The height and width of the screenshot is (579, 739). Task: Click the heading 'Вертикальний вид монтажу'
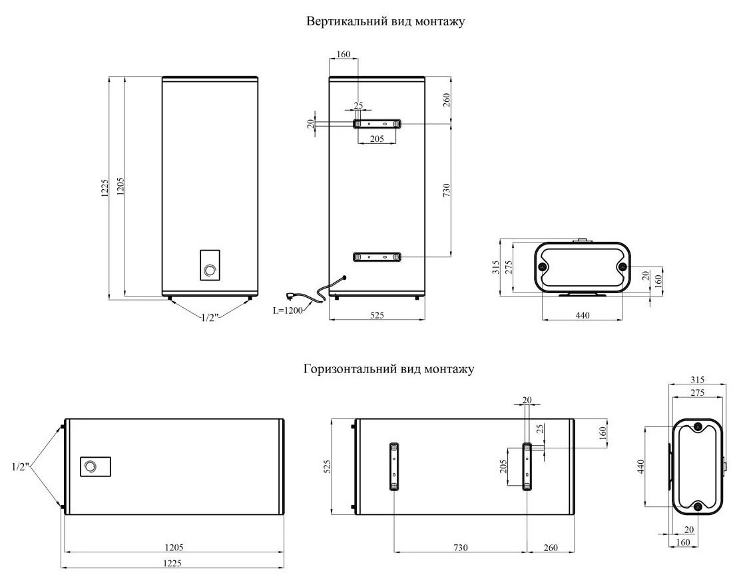pos(385,21)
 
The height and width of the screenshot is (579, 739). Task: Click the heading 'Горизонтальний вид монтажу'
pos(389,369)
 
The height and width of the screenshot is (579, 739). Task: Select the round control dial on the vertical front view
pos(210,270)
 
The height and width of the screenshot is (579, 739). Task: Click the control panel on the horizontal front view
pos(95,466)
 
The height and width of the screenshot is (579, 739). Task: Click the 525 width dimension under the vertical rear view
pos(377,314)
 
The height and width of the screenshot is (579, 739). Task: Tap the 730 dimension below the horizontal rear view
pos(460,547)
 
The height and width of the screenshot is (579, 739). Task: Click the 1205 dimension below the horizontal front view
pos(174,547)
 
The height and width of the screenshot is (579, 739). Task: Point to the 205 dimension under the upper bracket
pos(377,138)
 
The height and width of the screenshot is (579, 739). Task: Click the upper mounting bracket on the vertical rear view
pos(377,124)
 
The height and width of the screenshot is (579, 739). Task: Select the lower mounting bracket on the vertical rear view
pos(377,257)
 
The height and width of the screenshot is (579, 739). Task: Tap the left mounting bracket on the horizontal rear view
pos(394,466)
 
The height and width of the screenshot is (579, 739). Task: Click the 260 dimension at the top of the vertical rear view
pos(447,100)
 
